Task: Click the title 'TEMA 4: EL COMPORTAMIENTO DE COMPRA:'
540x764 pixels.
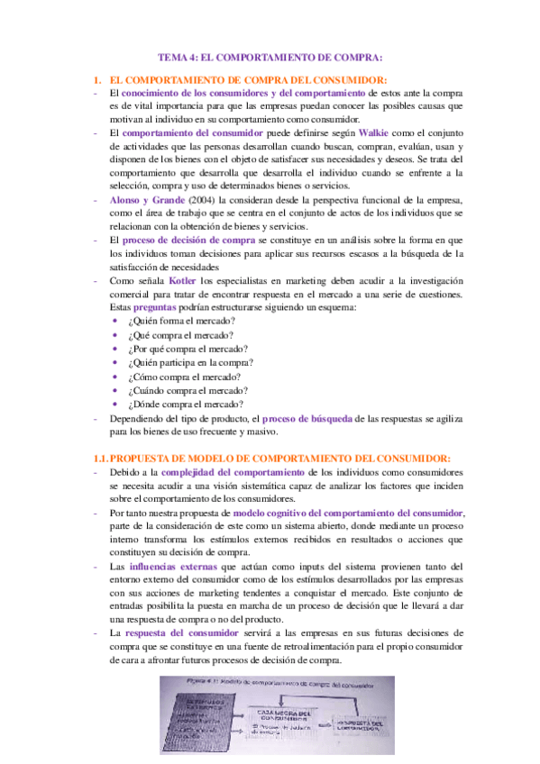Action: (x=270, y=55)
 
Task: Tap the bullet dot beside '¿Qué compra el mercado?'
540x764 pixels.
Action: (x=114, y=336)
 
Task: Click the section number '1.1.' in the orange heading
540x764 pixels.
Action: (x=102, y=458)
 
